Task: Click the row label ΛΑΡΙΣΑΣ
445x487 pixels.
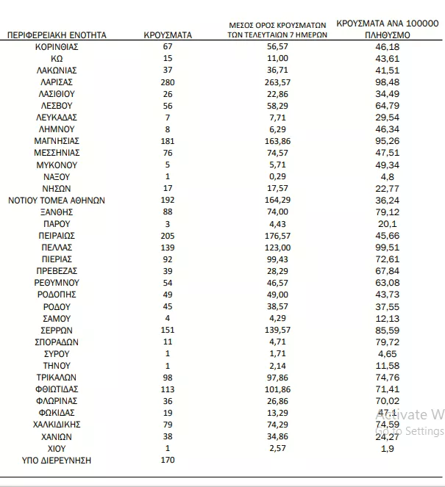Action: click(x=57, y=82)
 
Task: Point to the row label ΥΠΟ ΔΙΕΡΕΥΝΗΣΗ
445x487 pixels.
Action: click(x=57, y=461)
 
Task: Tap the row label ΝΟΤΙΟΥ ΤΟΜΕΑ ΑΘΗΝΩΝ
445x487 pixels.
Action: click(x=57, y=200)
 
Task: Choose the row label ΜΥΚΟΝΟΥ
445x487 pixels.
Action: click(x=57, y=165)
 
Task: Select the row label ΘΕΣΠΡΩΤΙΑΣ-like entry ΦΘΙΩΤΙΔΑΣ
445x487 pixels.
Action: click(x=57, y=389)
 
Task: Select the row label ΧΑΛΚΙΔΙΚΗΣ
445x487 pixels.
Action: click(x=57, y=425)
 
